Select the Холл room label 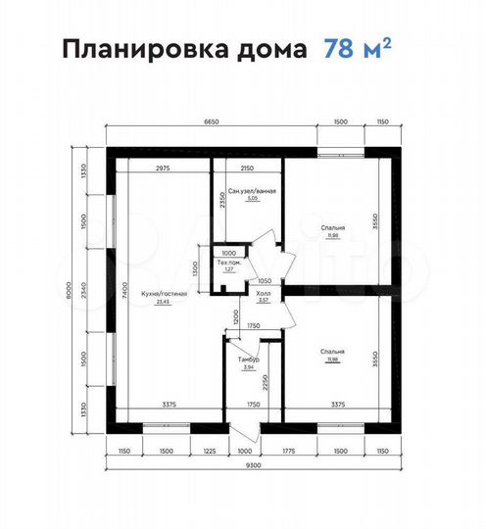click(x=264, y=293)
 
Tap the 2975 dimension click(x=165, y=168)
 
